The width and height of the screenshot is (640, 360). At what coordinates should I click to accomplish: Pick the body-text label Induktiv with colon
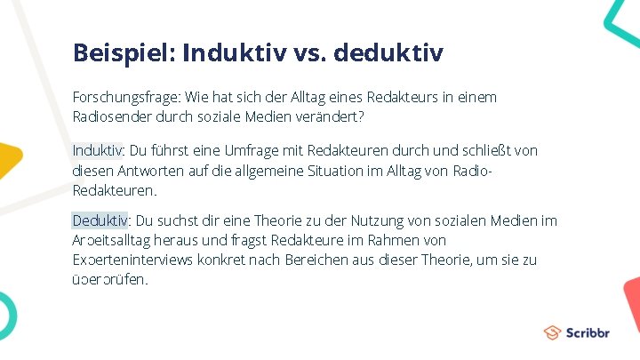(99, 151)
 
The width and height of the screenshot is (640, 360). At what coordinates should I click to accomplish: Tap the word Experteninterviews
(132, 260)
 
